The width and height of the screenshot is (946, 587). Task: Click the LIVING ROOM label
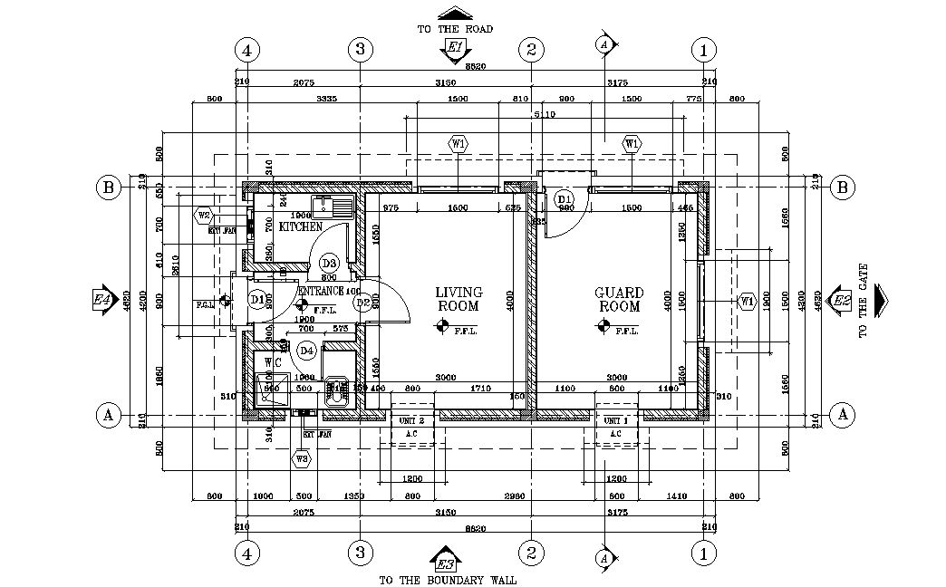459,299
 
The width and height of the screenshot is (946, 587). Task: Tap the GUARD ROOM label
619,299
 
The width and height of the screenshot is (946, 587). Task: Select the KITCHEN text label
301,226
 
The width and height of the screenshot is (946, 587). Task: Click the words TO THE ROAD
455,29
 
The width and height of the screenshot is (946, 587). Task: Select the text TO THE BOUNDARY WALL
448,580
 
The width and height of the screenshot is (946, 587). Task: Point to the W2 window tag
204,216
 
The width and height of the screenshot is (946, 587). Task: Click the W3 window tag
302,459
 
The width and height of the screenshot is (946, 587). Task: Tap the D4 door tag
306,350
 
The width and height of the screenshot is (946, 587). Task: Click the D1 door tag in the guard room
564,198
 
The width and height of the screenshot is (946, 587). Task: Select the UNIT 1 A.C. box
615,427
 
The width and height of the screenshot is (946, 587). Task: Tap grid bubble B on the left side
108,188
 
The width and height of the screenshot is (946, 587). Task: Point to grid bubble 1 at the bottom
703,551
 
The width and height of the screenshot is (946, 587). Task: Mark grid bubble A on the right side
843,415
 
